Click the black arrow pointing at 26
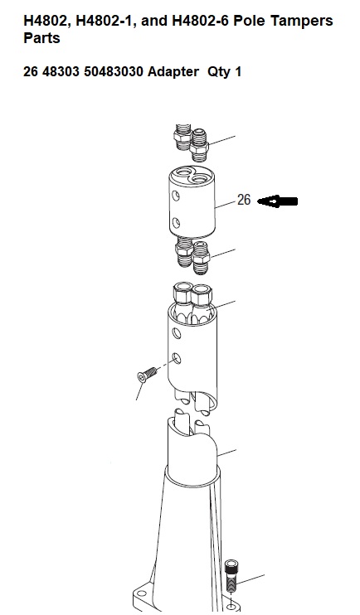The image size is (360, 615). (x=277, y=201)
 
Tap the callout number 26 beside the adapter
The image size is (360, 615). (x=244, y=200)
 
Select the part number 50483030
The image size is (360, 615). (x=114, y=72)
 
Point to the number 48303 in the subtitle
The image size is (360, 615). (x=61, y=72)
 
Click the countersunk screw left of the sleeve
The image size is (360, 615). (x=147, y=374)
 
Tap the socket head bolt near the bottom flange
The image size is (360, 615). (x=231, y=576)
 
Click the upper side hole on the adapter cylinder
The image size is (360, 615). (x=177, y=195)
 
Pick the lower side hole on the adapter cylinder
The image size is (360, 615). (x=177, y=223)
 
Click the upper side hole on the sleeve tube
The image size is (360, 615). (x=177, y=334)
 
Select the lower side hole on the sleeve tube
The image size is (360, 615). (x=177, y=358)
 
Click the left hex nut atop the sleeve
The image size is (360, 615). (x=182, y=296)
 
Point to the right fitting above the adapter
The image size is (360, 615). (x=199, y=145)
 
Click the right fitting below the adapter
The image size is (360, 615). (x=200, y=257)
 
